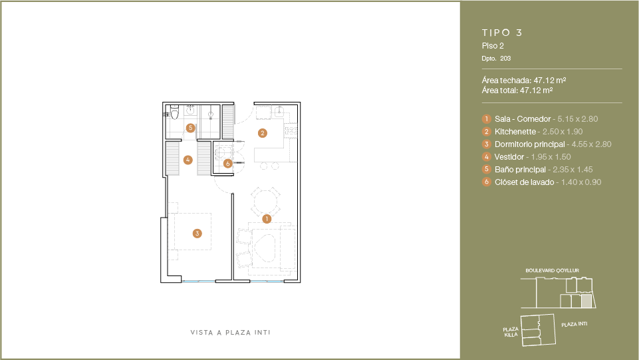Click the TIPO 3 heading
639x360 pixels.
click(501, 33)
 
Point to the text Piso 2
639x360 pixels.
click(493, 46)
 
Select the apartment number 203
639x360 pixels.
click(505, 59)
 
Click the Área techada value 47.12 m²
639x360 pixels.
click(550, 81)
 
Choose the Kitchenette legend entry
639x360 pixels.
click(515, 132)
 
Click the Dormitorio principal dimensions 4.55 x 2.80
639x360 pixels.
click(591, 144)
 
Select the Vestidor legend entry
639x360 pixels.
click(509, 157)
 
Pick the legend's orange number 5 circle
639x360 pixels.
click(486, 169)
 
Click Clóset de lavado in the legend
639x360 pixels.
click(525, 182)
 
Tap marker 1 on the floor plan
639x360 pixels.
click(267, 219)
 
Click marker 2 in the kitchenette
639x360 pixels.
click(263, 133)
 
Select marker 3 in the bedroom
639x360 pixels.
click(197, 233)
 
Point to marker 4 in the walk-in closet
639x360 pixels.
click(188, 160)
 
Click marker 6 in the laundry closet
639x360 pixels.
click(228, 164)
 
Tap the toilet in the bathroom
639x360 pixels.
click(174, 112)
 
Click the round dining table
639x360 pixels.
click(266, 202)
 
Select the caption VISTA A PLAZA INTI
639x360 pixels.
click(230, 333)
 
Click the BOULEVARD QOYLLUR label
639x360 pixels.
click(552, 270)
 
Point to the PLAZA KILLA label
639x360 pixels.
click(511, 332)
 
